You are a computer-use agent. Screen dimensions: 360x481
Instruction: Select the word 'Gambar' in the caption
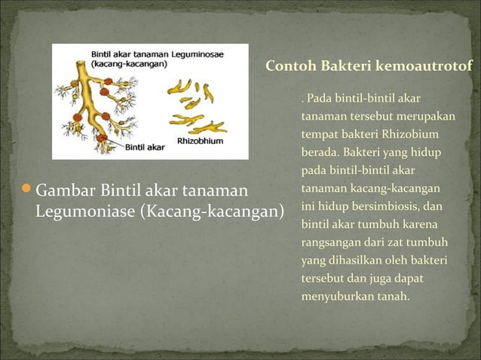[x=62, y=188]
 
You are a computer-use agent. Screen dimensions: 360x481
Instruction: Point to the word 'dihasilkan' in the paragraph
[x=350, y=261]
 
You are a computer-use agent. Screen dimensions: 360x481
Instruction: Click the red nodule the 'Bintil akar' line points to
[x=100, y=139]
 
